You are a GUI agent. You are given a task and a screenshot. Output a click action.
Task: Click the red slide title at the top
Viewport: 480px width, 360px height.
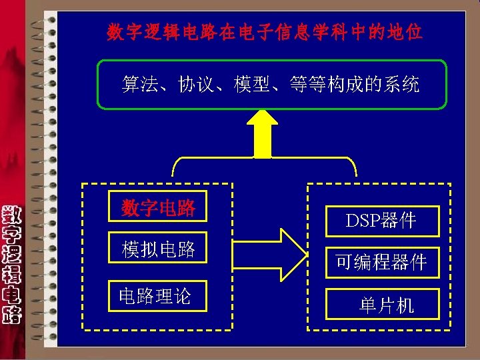pyautogui.click(x=265, y=32)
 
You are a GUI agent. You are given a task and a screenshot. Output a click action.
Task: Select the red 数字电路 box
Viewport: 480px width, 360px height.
pyautogui.click(x=158, y=208)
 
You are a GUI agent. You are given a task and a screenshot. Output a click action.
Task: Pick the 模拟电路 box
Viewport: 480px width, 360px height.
pyautogui.click(x=158, y=249)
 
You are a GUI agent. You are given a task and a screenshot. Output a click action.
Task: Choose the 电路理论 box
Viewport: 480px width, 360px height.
pyautogui.click(x=155, y=295)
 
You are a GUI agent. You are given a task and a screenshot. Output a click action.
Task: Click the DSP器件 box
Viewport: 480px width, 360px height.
pyautogui.click(x=382, y=221)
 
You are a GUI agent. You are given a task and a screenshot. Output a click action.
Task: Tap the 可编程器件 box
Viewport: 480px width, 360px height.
pyautogui.click(x=382, y=262)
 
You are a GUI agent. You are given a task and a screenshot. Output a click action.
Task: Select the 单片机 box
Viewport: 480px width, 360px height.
pyautogui.click(x=382, y=305)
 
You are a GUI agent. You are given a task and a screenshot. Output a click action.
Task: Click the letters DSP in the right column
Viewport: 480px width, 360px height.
pyautogui.click(x=363, y=221)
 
